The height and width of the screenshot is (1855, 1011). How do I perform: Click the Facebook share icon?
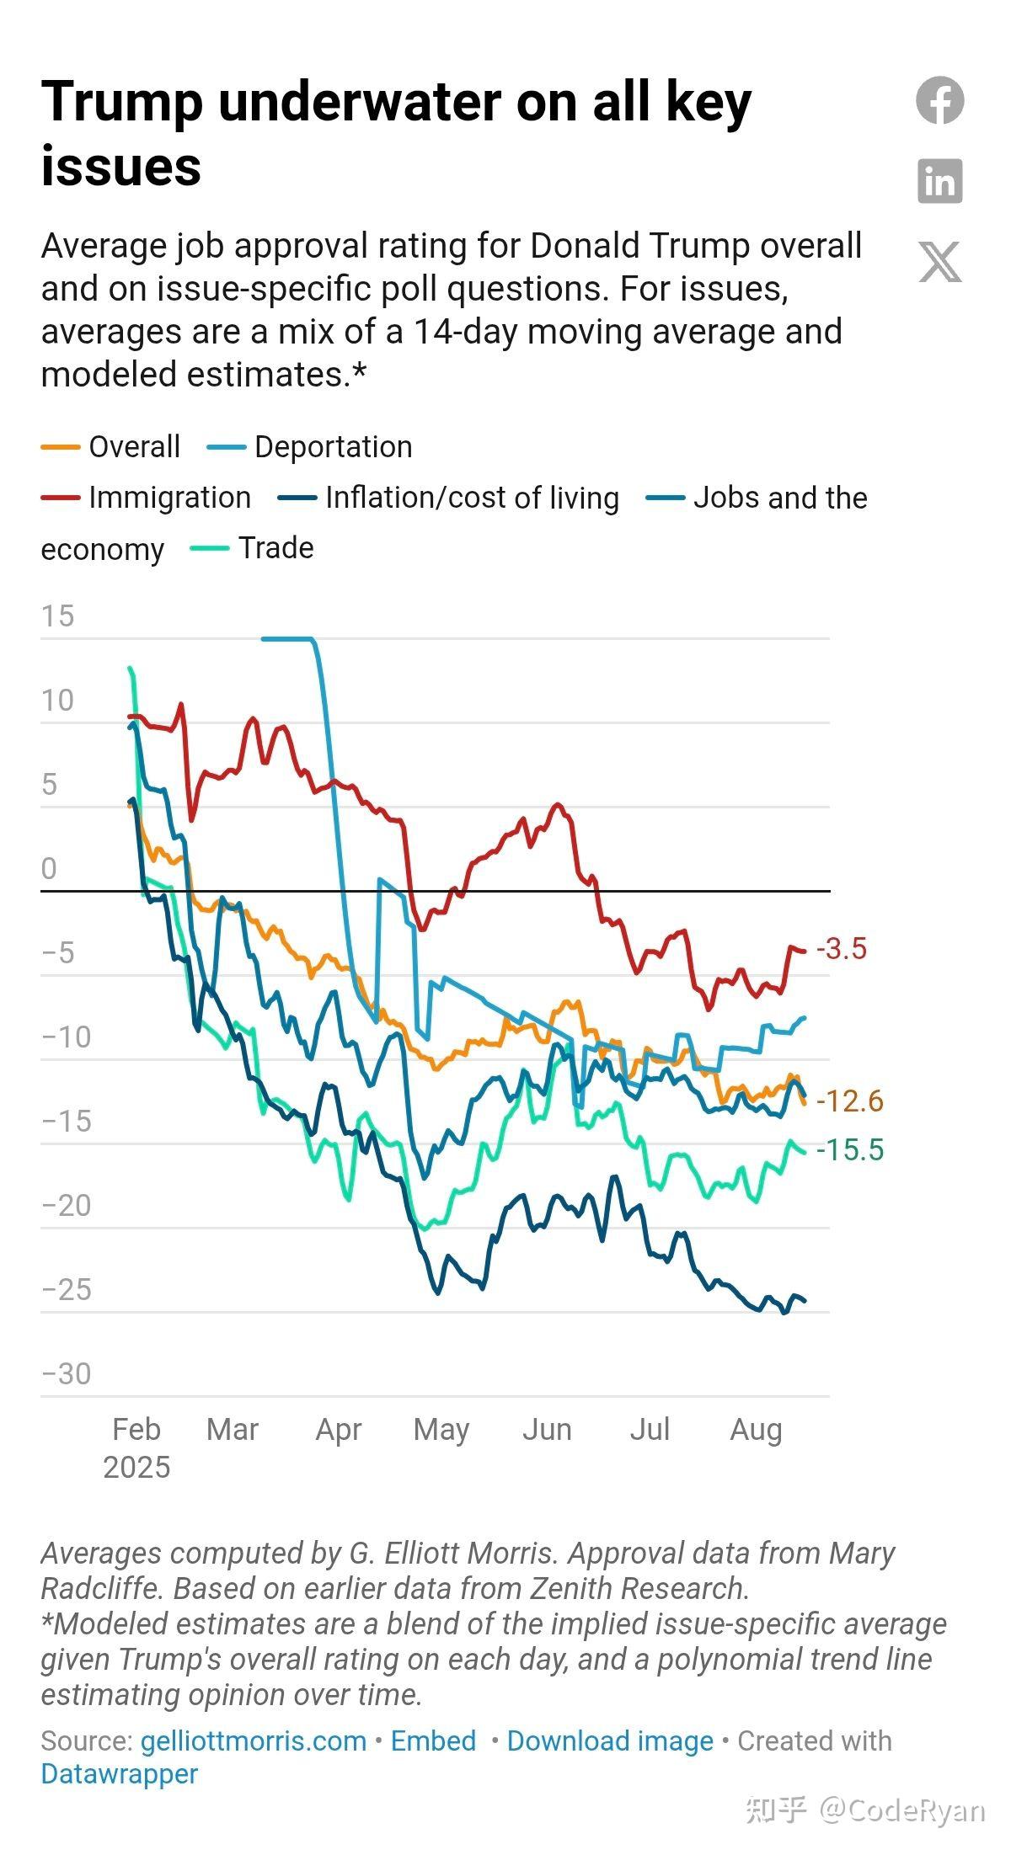[x=940, y=100]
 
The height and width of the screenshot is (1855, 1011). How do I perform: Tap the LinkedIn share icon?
[x=940, y=181]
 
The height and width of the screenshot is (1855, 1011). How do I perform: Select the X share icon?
[x=940, y=262]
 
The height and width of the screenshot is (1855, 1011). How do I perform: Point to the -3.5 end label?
[x=842, y=949]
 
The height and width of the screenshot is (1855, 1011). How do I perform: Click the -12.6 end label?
[x=850, y=1101]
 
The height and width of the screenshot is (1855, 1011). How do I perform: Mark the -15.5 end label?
[x=850, y=1149]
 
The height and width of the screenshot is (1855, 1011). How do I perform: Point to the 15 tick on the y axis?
[x=57, y=616]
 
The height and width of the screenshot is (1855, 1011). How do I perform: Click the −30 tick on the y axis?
[x=66, y=1374]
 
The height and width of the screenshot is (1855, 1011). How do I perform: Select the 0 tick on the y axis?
[x=49, y=869]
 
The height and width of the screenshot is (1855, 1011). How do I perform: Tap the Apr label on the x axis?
[x=339, y=1430]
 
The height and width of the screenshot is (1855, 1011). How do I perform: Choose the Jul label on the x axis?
[x=650, y=1430]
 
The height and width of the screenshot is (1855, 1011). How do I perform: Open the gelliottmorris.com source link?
[x=253, y=1740]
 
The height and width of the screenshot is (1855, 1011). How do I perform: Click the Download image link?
[x=610, y=1740]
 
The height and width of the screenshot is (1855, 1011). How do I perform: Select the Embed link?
[x=433, y=1740]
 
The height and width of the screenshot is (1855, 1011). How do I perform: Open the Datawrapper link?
[x=119, y=1774]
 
